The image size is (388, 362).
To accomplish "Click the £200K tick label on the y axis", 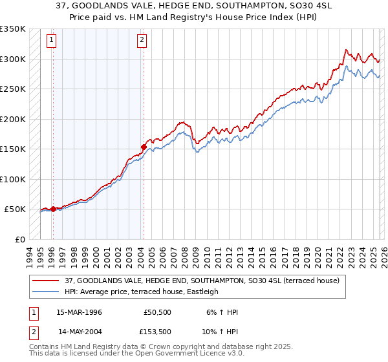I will pos(13,119).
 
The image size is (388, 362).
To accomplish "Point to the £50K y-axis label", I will pos(15,209).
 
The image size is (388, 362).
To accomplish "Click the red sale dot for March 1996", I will pos(53,209).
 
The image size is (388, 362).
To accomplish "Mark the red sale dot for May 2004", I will pos(144,147).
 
